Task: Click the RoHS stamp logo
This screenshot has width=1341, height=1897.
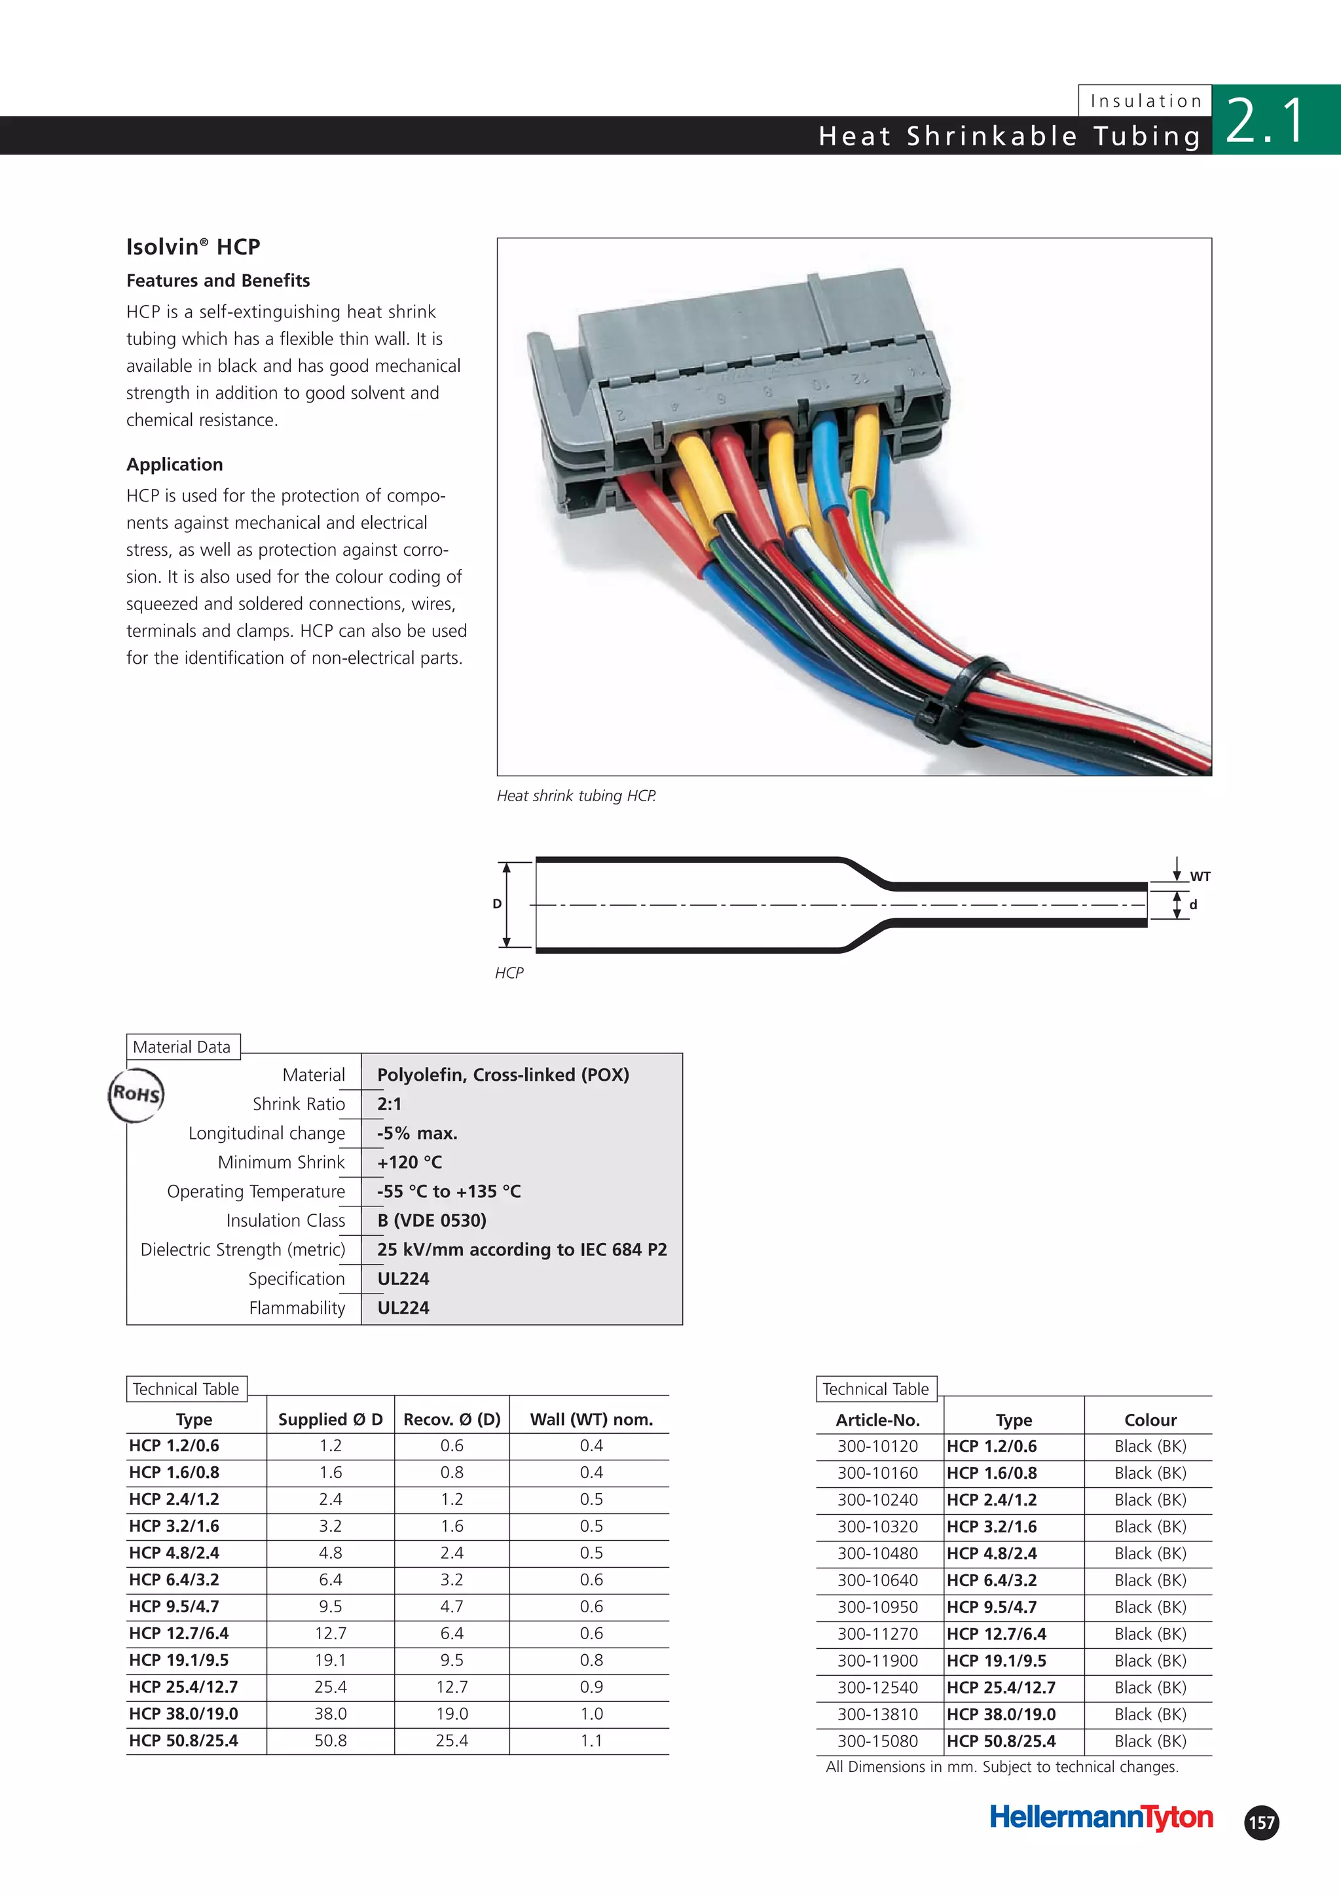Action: pos(136,1094)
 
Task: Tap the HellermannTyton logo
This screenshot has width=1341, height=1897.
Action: pos(1101,1817)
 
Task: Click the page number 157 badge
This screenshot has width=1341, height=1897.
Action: pos(1261,1822)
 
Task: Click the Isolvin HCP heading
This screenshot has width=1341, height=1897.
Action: pos(193,246)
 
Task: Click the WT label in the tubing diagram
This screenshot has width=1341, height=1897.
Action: pos(1200,876)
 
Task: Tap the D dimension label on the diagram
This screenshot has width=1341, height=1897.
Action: pos(496,904)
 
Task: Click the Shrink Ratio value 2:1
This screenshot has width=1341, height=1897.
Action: pos(389,1104)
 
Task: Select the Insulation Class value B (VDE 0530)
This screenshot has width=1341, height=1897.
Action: pos(432,1220)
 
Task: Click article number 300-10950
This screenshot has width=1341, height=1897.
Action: pos(877,1607)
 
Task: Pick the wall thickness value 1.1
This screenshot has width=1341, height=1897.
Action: pos(591,1740)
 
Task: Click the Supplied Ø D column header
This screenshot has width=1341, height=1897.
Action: pos(331,1419)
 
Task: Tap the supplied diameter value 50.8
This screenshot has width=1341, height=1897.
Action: pos(331,1740)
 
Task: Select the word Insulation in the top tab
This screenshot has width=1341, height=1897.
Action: pos(1145,101)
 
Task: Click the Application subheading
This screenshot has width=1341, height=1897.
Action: pos(174,464)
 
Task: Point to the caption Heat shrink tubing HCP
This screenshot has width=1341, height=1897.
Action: pos(576,795)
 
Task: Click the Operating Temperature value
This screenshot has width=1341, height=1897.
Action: pos(449,1191)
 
